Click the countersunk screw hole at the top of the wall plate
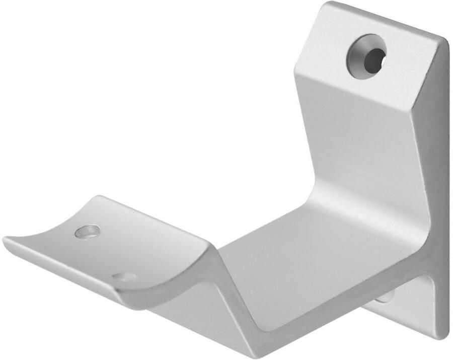click(x=366, y=56)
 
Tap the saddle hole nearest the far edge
click(x=87, y=231)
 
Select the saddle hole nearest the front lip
click(x=125, y=277)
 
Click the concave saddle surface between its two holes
click(x=106, y=252)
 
